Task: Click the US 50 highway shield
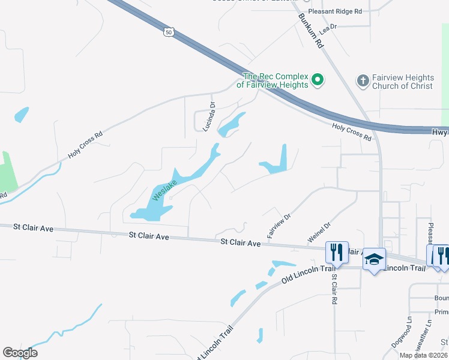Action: tap(170, 31)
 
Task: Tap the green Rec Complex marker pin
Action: tap(318, 79)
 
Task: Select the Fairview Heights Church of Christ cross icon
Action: tap(363, 80)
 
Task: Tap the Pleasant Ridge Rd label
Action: tap(335, 11)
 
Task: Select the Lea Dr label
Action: tap(328, 28)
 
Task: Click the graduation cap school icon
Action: tap(374, 259)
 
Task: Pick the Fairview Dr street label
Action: tap(279, 225)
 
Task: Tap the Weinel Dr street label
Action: tap(319, 233)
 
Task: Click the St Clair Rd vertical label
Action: tap(333, 289)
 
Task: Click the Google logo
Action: tap(20, 353)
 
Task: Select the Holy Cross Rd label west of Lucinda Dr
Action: tap(85, 145)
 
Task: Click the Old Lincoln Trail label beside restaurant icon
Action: tap(307, 274)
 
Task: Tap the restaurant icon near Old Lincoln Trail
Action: tap(336, 251)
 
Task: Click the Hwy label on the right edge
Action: tap(439, 131)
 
